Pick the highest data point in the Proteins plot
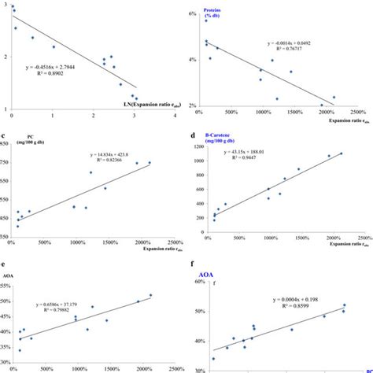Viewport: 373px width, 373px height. coord(206,20)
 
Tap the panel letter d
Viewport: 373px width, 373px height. coord(194,135)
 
